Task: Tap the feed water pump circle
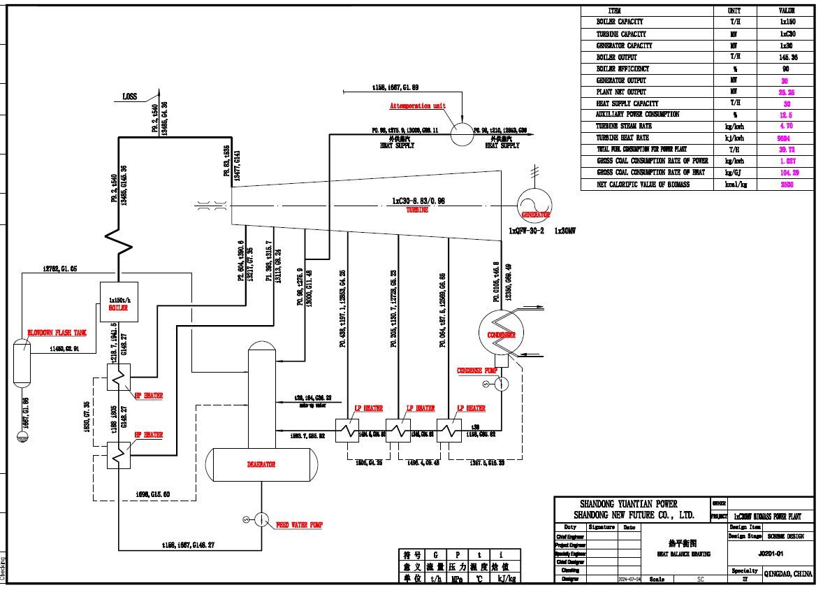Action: click(261, 519)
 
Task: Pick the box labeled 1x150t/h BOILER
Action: click(118, 303)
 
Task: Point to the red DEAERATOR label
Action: click(261, 464)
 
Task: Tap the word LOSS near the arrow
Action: click(130, 97)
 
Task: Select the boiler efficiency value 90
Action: click(786, 69)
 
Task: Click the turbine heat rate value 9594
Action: click(786, 138)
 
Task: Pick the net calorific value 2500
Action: click(786, 185)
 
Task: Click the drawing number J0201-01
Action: click(770, 552)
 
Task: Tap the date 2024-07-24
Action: click(629, 580)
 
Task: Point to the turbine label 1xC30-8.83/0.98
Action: click(418, 201)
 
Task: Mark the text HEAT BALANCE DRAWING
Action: click(683, 554)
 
